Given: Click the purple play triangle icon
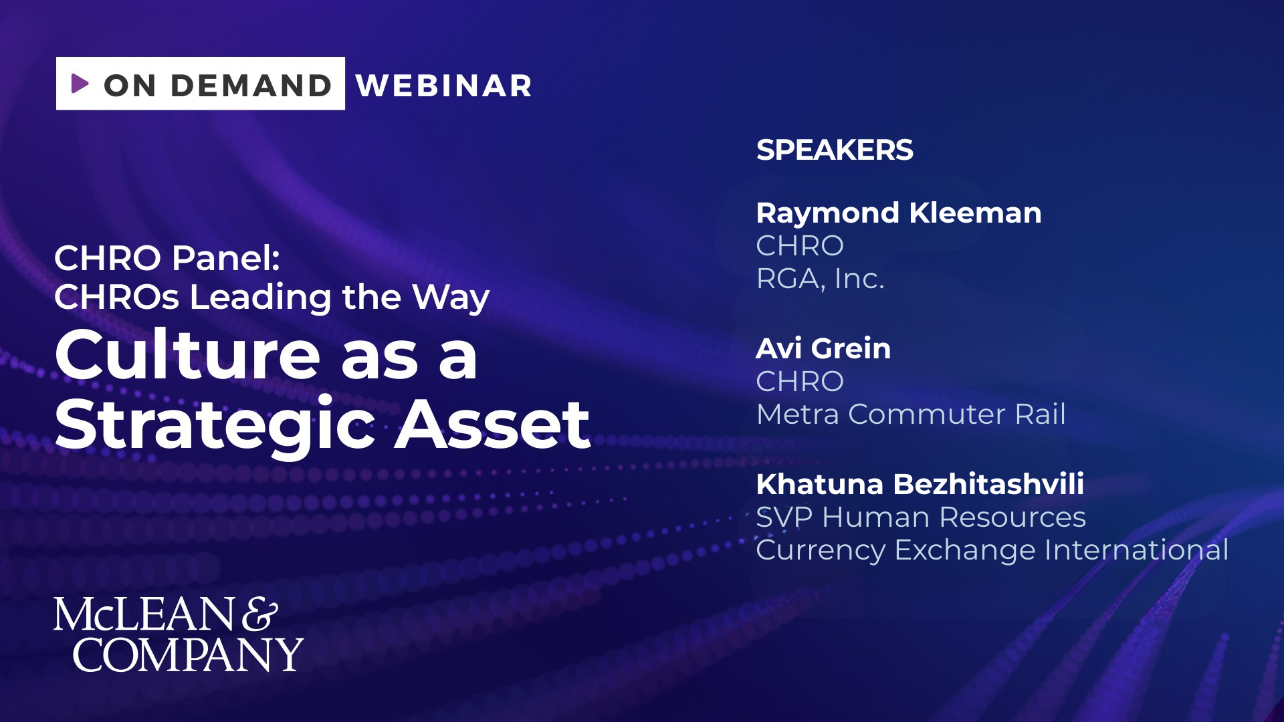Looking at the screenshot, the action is click(x=80, y=83).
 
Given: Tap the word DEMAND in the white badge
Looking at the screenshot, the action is click(x=251, y=86).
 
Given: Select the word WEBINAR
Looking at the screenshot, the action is click(x=444, y=86).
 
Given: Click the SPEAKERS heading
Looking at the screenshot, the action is click(x=835, y=150).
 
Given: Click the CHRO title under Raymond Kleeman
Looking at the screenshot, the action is click(x=800, y=246).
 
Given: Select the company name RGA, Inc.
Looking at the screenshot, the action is click(x=821, y=279).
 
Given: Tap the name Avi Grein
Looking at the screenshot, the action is click(x=823, y=349).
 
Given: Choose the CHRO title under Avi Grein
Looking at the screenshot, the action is click(x=800, y=382).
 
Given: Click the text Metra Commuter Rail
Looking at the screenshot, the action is click(x=911, y=414).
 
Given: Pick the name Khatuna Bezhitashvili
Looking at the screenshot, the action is click(x=920, y=485).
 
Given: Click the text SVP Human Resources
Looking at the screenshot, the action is click(x=921, y=517).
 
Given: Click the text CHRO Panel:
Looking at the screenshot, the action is click(x=167, y=258).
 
